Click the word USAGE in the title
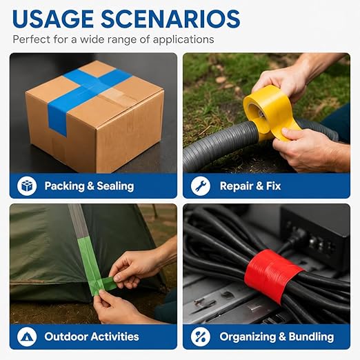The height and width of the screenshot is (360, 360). click(53, 19)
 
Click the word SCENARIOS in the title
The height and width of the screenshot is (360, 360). click(170, 19)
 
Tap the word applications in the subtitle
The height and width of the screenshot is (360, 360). click(183, 39)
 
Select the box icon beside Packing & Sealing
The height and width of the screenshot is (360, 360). click(27, 186)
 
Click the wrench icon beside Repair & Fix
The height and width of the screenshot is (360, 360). click(201, 186)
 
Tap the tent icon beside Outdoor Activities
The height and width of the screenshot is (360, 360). click(27, 337)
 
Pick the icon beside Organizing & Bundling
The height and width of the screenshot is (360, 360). click(201, 337)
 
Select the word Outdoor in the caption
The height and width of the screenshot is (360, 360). click(66, 337)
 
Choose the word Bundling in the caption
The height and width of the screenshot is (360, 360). click(311, 337)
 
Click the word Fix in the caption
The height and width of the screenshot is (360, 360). click(274, 186)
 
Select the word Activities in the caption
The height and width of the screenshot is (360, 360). click(115, 337)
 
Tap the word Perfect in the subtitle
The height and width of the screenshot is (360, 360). click(32, 39)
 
